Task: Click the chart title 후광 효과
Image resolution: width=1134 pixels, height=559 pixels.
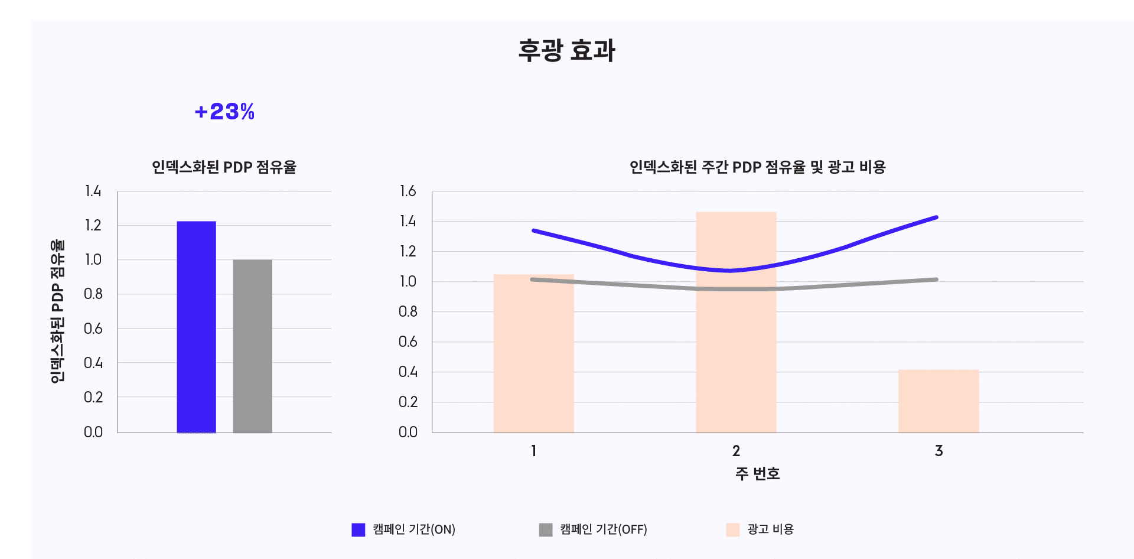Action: click(x=567, y=51)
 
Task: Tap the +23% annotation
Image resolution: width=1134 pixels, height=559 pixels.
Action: click(x=224, y=112)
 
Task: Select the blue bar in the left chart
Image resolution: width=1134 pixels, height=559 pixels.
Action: click(x=196, y=327)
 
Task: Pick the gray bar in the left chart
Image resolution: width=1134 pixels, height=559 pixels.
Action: click(x=252, y=346)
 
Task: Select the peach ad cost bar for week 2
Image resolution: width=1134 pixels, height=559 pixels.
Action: click(x=736, y=322)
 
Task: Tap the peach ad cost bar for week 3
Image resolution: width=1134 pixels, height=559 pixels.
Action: click(x=939, y=401)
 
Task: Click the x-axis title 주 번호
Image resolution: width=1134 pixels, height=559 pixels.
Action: click(x=758, y=474)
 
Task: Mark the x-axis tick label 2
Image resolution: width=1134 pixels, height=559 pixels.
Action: click(x=736, y=451)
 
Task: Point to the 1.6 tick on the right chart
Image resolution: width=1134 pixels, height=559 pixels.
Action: click(x=408, y=191)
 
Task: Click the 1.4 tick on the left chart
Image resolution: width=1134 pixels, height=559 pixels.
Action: click(x=93, y=191)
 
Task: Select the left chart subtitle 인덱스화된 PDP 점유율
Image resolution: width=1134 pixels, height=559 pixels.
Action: click(x=224, y=167)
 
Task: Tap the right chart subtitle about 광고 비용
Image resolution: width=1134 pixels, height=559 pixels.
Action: click(x=758, y=167)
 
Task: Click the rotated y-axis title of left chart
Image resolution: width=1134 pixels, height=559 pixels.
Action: click(x=57, y=311)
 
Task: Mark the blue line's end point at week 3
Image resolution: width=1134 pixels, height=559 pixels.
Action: click(x=936, y=217)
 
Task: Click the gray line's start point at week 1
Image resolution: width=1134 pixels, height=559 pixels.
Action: click(x=533, y=279)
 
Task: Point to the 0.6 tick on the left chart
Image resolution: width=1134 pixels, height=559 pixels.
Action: click(x=93, y=329)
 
